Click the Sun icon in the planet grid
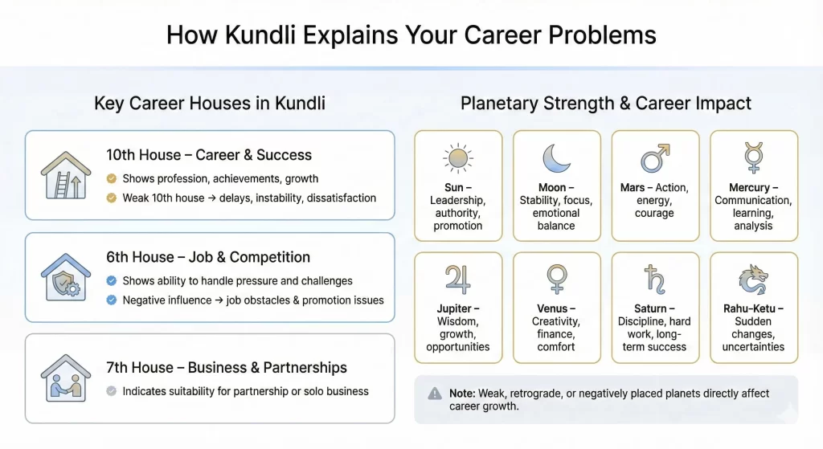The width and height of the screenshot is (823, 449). (x=458, y=158)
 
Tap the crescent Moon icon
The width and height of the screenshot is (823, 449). (x=556, y=158)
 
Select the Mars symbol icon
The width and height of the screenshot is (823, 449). (x=654, y=158)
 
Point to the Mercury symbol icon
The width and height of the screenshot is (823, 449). (x=753, y=157)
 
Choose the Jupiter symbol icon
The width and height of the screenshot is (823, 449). (x=458, y=280)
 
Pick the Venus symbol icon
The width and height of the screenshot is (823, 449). (x=556, y=280)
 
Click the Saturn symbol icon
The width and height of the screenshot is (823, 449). (x=654, y=280)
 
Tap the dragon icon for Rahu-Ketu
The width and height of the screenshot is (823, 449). (x=753, y=280)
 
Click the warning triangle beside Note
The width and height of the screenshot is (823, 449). (x=435, y=394)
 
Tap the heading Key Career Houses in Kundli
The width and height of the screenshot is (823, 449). (x=210, y=104)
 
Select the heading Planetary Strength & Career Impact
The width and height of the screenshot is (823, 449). (x=606, y=104)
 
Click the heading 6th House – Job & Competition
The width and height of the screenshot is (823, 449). (x=208, y=257)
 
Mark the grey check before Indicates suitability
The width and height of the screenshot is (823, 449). (x=112, y=391)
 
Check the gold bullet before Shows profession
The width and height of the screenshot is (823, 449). (x=112, y=178)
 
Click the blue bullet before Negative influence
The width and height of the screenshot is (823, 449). (x=112, y=300)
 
